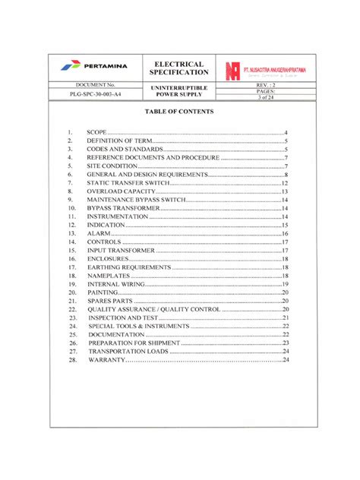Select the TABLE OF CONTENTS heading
pyautogui.click(x=179, y=112)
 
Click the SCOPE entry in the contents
pyautogui.click(x=96, y=133)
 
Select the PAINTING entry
pyautogui.click(x=103, y=292)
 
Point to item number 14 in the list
pyautogui.click(x=71, y=242)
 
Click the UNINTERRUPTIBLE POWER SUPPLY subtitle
pyautogui.click(x=180, y=92)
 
